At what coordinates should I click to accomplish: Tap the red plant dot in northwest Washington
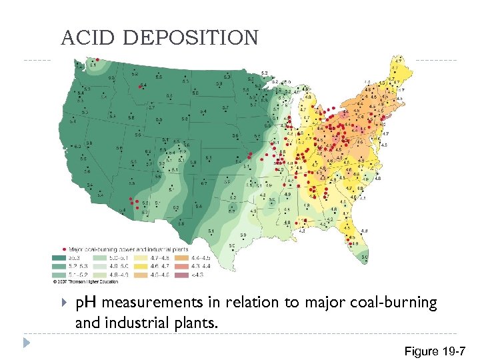click(95, 58)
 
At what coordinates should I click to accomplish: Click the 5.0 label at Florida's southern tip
click(365, 257)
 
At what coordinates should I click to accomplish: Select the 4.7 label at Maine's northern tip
click(398, 61)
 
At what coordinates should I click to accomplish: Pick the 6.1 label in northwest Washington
click(93, 65)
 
